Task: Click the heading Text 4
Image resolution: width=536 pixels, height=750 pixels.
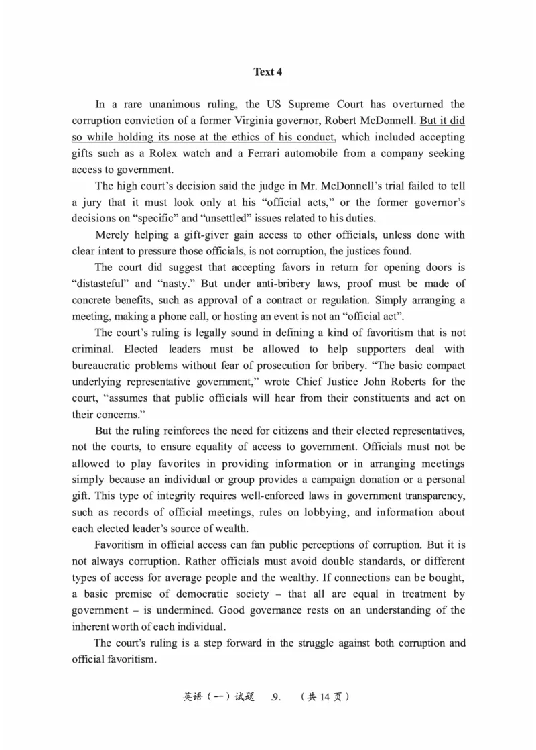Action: pos(267,72)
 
